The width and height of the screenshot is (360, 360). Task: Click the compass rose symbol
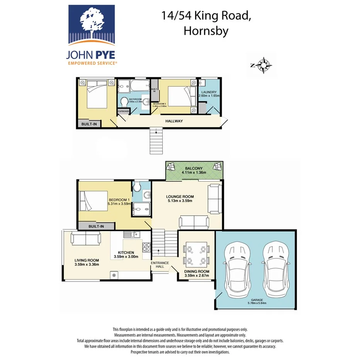[x=264, y=65]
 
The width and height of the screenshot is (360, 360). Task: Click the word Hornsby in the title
[x=206, y=31]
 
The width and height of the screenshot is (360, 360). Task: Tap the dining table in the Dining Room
[x=197, y=254]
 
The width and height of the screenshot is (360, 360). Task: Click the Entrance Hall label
[x=160, y=265]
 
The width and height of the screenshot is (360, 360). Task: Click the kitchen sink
[x=133, y=234]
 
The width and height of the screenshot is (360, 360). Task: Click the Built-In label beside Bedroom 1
[x=96, y=226]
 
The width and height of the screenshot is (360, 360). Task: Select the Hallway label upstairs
[x=174, y=121]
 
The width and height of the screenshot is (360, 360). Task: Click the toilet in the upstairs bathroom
[x=124, y=103]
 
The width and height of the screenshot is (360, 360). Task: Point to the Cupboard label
[x=124, y=111]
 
